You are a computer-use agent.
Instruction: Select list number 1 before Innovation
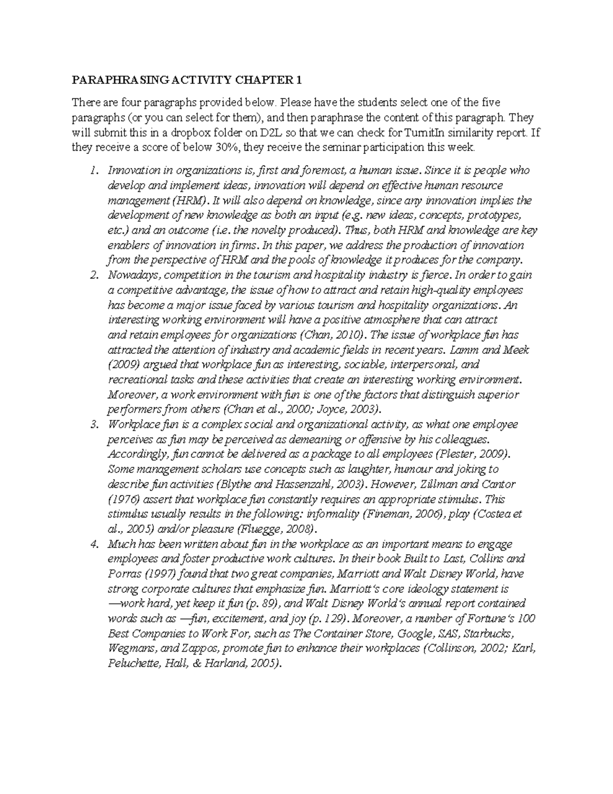(x=93, y=170)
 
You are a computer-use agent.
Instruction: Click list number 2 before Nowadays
(x=93, y=275)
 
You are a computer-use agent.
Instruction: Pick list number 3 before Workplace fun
(x=93, y=424)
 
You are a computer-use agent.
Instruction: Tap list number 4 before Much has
(x=93, y=544)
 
